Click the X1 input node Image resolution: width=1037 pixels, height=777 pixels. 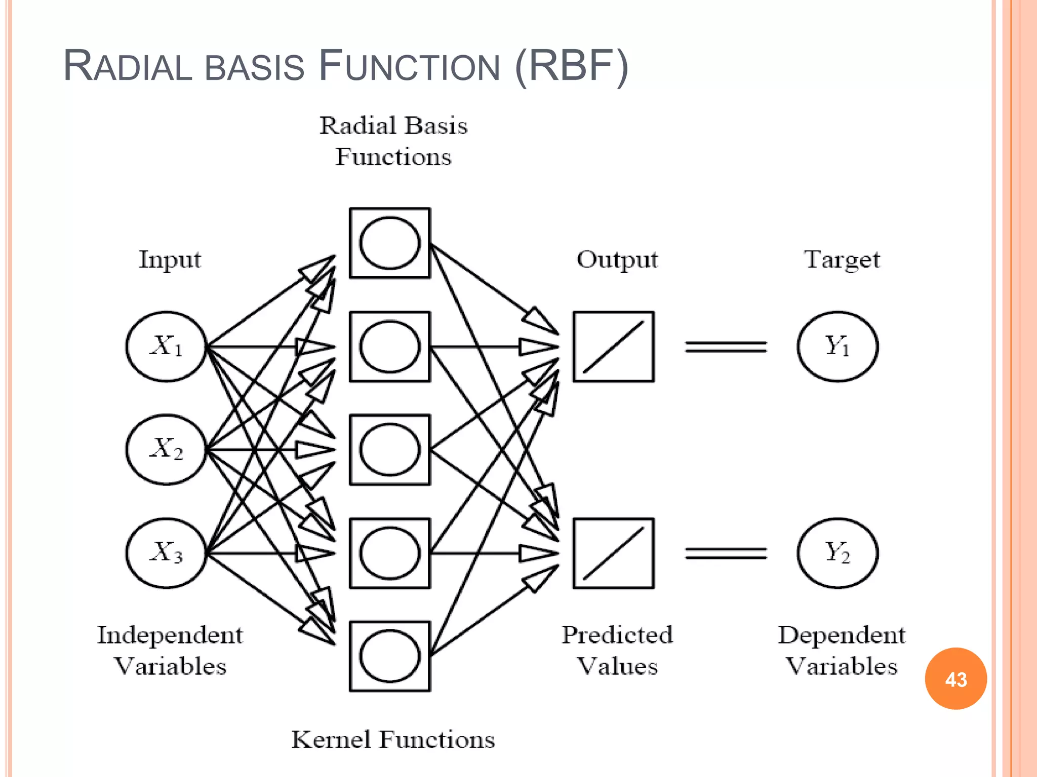(167, 347)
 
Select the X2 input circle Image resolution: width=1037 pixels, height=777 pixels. (167, 450)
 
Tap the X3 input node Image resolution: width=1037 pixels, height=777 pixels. (167, 553)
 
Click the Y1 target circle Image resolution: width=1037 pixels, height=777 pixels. (837, 347)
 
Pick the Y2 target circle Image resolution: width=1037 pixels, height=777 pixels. (837, 553)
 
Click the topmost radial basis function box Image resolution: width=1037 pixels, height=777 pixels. (390, 243)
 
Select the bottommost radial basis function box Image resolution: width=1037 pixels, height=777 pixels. (390, 656)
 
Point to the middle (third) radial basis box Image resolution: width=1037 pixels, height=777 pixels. (390, 450)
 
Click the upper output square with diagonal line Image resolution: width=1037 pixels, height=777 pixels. (614, 347)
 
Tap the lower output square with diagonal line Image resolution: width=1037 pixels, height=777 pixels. (614, 553)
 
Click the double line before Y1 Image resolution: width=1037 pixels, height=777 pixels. (726, 347)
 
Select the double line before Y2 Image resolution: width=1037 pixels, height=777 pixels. (726, 553)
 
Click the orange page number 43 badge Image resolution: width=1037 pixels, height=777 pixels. (955, 679)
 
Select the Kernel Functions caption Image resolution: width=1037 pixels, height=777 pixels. (393, 740)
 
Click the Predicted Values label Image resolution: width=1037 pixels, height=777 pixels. (617, 650)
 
